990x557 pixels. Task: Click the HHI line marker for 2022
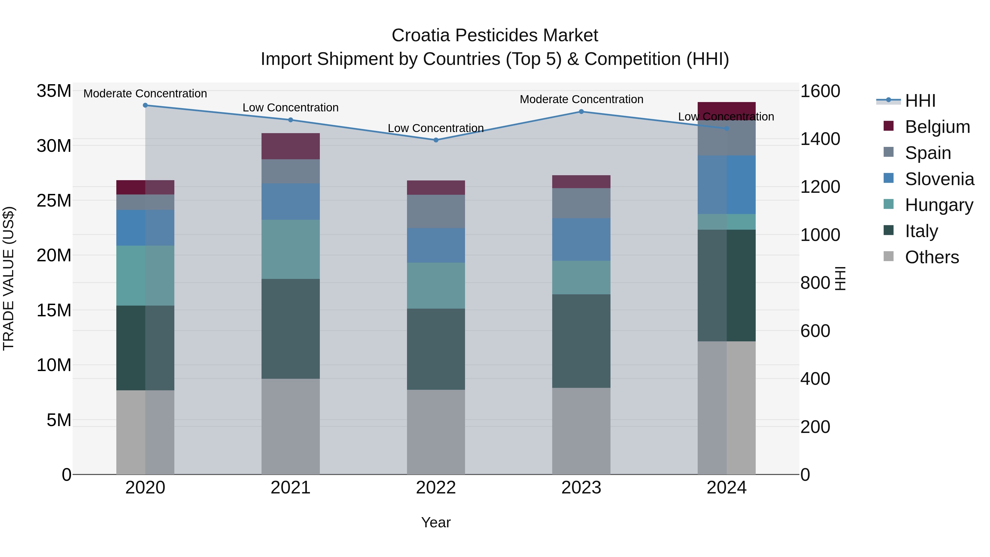click(436, 140)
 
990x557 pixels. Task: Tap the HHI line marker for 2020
click(145, 105)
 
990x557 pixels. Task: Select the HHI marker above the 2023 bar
click(581, 111)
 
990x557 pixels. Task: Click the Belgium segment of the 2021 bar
click(291, 146)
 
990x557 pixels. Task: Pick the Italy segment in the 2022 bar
click(436, 349)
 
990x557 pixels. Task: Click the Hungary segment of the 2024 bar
click(726, 222)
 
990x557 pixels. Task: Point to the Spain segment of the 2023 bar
click(581, 203)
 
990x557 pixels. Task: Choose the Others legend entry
click(932, 257)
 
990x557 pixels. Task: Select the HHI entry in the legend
click(920, 101)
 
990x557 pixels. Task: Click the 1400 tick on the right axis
click(820, 139)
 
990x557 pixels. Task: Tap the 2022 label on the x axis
click(436, 488)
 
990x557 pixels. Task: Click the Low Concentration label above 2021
click(291, 108)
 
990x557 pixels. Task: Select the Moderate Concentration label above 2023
click(581, 99)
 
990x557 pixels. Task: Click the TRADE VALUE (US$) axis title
click(9, 278)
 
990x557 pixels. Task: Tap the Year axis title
click(436, 522)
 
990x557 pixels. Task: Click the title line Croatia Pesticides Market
click(495, 35)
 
